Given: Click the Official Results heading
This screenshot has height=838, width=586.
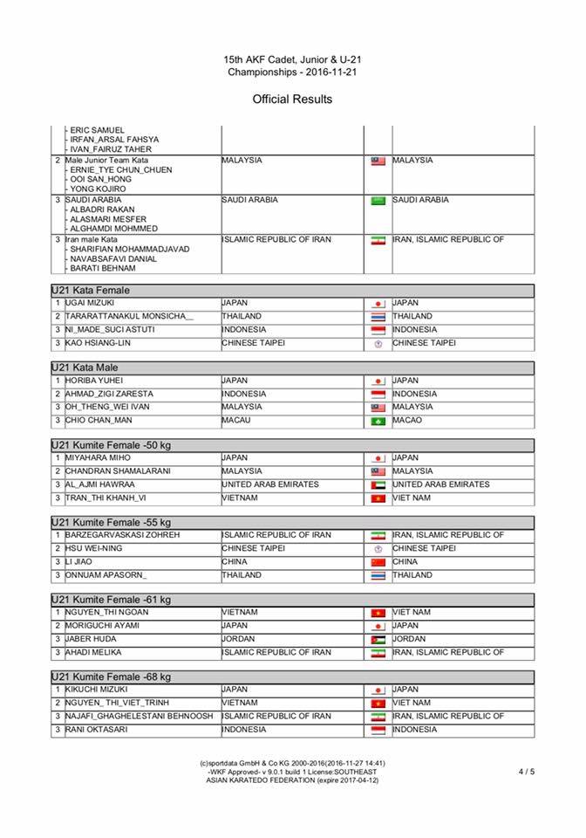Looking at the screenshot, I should coord(292,100).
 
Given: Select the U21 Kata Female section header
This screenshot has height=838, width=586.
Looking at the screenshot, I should coord(93,290).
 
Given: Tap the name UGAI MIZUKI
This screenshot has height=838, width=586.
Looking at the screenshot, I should coord(90,303).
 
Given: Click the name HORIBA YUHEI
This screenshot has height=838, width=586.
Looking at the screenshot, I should coord(94,381).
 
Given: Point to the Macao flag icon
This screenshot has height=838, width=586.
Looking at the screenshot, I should coord(378,421).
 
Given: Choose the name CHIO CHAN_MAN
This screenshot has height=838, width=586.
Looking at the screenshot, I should coord(98,420).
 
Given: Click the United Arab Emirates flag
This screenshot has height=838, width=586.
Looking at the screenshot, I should coord(378,484).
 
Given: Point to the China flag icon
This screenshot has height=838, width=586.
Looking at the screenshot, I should coord(378,562).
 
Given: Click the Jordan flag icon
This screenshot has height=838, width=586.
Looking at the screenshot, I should coord(378,640).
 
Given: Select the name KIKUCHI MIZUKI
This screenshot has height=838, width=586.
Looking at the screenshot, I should coord(97,690).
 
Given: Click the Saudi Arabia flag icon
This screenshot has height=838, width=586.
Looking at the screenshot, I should coord(378,200).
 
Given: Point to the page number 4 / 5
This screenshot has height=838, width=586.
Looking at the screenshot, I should coord(527,772).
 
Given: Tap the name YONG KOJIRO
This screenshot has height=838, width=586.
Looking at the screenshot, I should coord(98,189).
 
